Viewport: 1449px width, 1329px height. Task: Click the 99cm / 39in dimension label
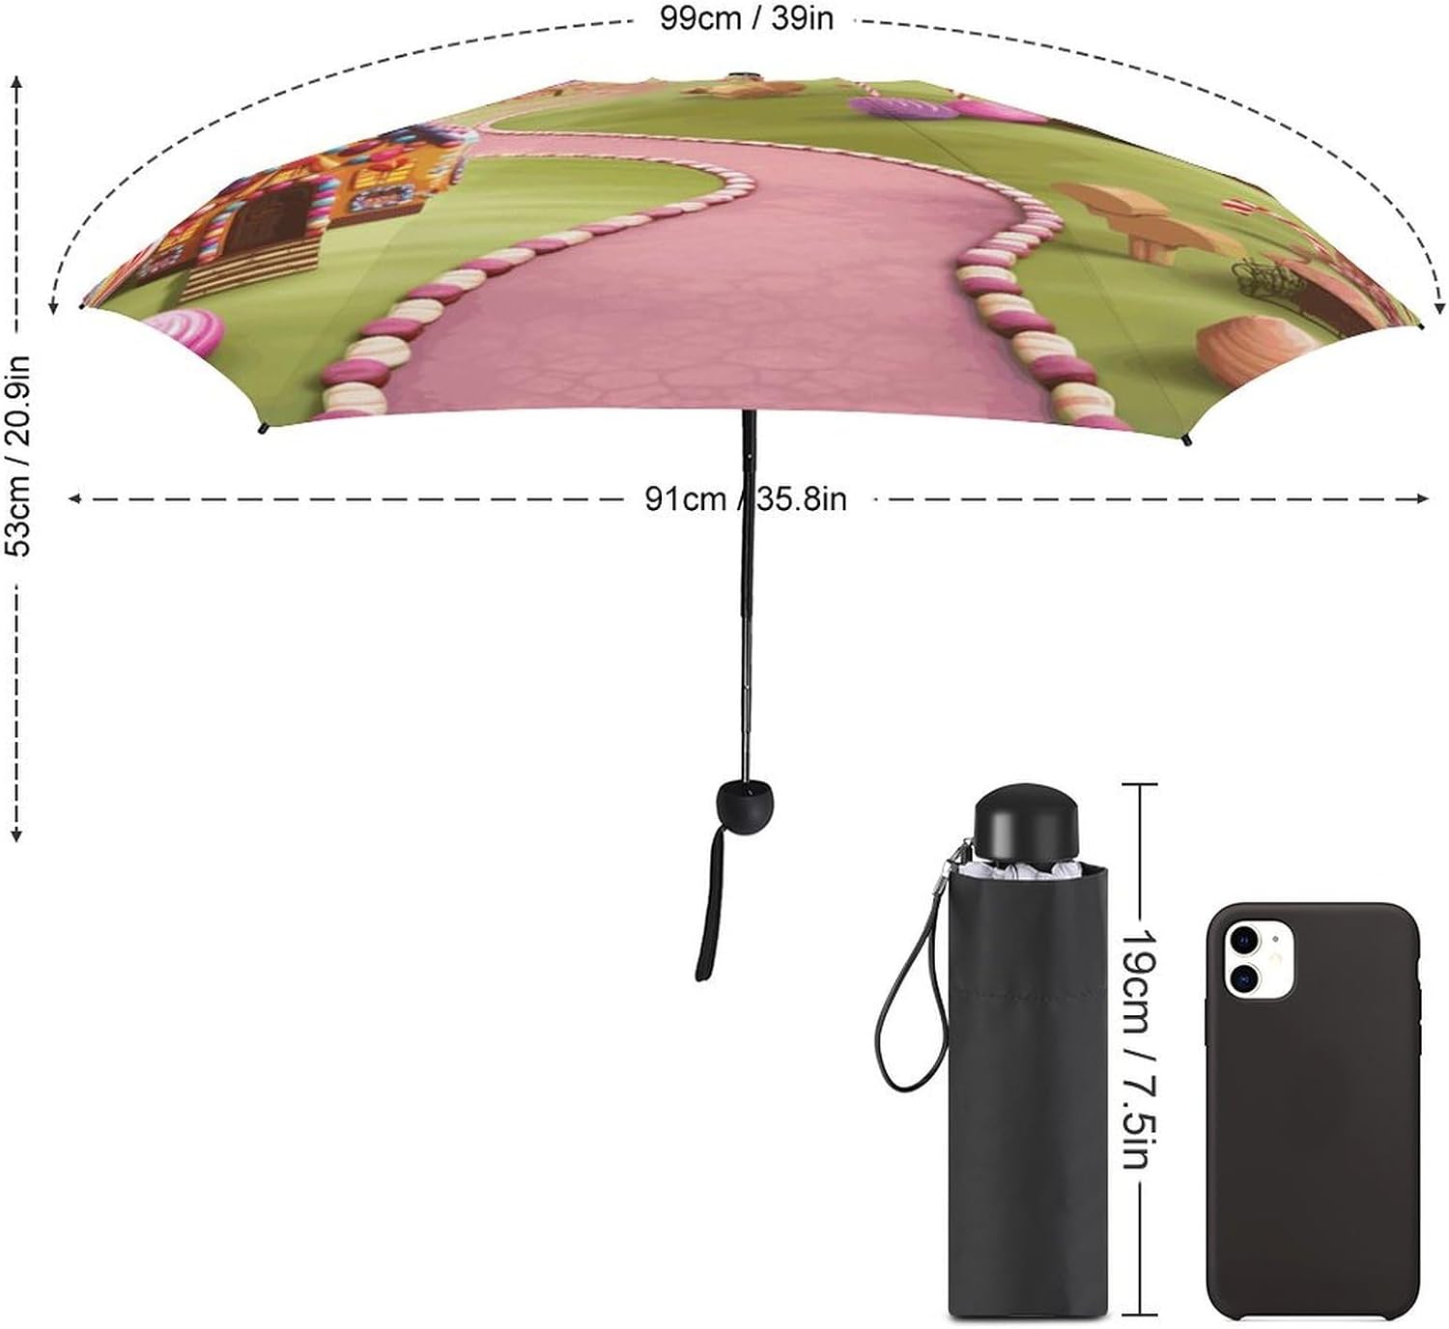click(746, 18)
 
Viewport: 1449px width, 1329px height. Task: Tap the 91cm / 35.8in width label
click(746, 499)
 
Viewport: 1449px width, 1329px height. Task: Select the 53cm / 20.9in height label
click(18, 457)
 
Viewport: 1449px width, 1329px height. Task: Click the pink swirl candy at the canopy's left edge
click(185, 331)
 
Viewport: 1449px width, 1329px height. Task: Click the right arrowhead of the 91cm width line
click(1421, 498)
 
